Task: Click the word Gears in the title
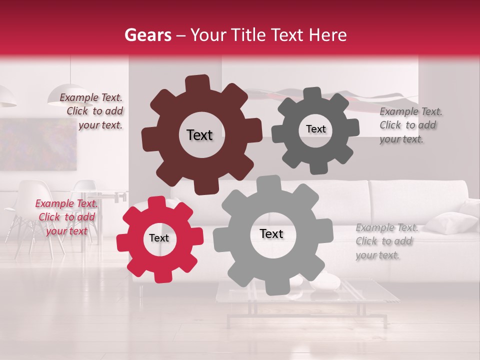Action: click(x=147, y=35)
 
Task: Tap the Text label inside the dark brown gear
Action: click(x=199, y=135)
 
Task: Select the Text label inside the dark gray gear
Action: click(x=315, y=129)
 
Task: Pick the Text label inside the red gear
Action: click(x=159, y=238)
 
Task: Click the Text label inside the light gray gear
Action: click(x=271, y=234)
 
